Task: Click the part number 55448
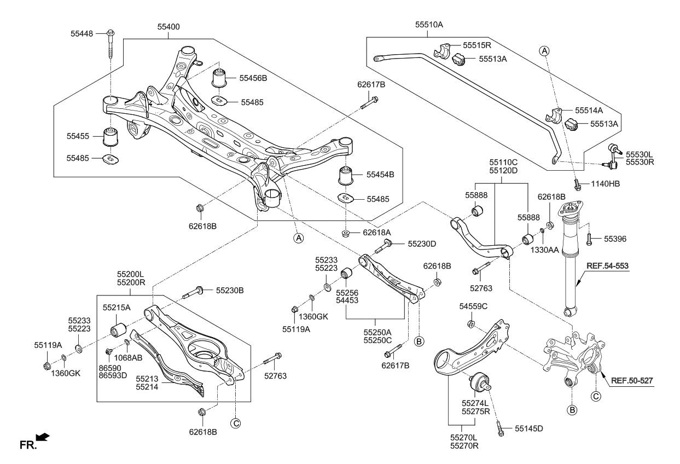click(x=83, y=33)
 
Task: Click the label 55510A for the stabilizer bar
click(x=429, y=25)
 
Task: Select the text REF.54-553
click(x=608, y=266)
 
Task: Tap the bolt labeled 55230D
click(x=383, y=247)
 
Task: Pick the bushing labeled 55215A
click(x=118, y=330)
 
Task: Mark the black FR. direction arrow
click(x=42, y=437)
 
